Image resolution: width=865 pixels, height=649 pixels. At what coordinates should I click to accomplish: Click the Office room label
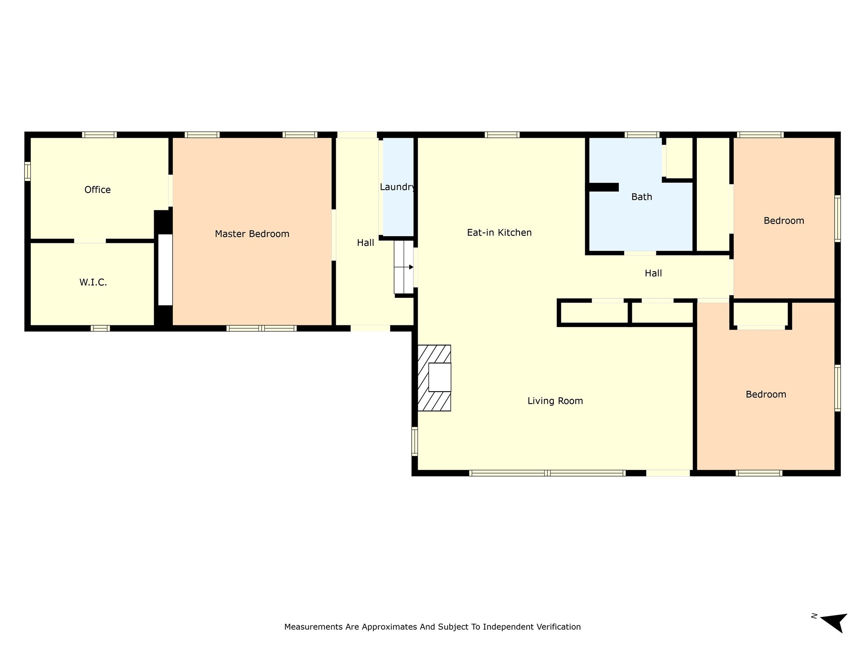coord(98,190)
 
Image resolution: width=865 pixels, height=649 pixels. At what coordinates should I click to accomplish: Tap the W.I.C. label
coord(93,282)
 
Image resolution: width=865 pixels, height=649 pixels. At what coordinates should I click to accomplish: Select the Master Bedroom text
coord(252,234)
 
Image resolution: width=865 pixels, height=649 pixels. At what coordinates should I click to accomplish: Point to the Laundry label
coord(397,187)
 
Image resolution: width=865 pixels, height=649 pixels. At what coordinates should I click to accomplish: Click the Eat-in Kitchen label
coord(499,232)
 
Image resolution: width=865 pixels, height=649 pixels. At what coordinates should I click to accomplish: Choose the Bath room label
coord(641,196)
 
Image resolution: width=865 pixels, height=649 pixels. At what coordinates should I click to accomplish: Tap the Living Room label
coord(555,401)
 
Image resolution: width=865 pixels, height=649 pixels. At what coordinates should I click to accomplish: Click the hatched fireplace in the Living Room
coord(434,378)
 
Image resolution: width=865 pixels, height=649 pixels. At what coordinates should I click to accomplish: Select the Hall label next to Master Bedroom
coord(365,243)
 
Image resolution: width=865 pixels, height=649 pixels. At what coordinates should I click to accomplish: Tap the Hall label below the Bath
coord(653,273)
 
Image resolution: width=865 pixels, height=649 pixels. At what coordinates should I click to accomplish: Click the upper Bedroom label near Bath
coord(783,221)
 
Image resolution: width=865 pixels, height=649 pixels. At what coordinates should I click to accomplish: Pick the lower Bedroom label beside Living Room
coord(765,394)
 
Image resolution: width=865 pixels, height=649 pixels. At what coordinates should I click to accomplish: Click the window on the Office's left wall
coord(27,171)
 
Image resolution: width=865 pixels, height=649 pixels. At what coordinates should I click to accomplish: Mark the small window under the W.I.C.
coord(100,328)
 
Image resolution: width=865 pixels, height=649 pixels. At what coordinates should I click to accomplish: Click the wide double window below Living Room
coord(547,473)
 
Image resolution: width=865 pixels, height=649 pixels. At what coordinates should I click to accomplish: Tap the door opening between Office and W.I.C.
coord(90,241)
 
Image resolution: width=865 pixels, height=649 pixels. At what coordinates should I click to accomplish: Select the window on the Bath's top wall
coord(642,135)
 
